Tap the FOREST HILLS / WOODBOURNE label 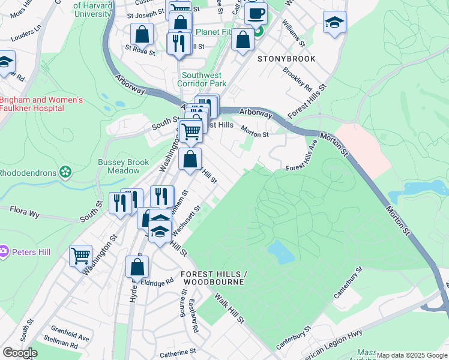[x=212, y=277]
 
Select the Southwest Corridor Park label [x=204, y=80]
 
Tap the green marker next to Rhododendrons [x=65, y=173]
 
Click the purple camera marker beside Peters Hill [x=4, y=250]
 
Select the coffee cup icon [x=256, y=13]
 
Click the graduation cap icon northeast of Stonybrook [x=334, y=23]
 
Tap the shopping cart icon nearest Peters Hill [x=80, y=256]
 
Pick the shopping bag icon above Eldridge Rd [x=137, y=266]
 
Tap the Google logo [x=19, y=353]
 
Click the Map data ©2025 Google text [x=412, y=355]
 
